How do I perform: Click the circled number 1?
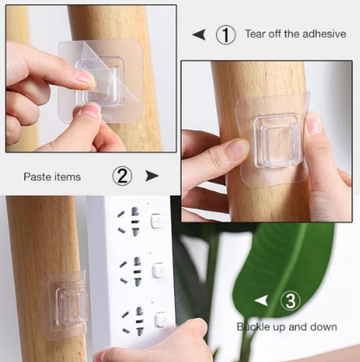click(x=226, y=35)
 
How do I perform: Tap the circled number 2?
click(x=122, y=176)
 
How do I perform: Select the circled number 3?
click(x=291, y=301)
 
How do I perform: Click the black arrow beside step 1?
click(x=199, y=35)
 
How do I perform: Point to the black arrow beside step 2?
click(x=152, y=176)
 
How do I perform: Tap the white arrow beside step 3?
click(x=261, y=301)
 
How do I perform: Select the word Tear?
click(x=255, y=34)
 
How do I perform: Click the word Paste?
click(x=37, y=177)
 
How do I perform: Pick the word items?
click(x=67, y=177)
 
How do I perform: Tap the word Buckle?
click(x=254, y=326)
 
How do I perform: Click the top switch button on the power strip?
click(x=157, y=221)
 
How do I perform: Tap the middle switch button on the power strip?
click(x=158, y=270)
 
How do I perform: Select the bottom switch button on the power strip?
click(x=160, y=320)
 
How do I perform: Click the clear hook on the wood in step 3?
click(x=65, y=304)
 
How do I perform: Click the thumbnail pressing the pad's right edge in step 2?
click(x=314, y=123)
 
